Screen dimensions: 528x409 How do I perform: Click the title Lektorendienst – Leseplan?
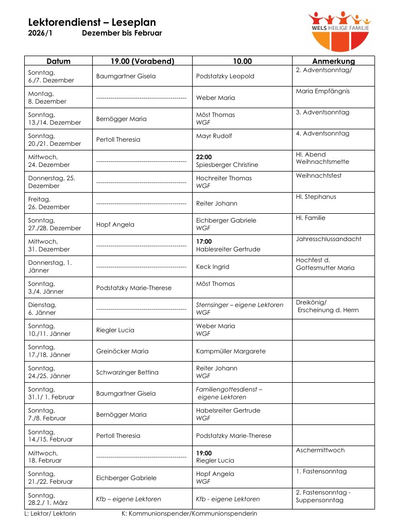92,22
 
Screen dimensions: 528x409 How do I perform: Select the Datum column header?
58,61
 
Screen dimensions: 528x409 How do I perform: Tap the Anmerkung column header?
333,61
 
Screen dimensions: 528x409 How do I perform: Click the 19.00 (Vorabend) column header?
142,61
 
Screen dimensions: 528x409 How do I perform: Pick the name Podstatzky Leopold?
225,76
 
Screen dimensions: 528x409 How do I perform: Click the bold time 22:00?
204,157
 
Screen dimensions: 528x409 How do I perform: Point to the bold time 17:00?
204,241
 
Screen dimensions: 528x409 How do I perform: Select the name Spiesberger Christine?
227,165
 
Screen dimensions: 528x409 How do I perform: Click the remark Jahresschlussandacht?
329,239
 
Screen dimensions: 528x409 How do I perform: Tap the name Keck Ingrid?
213,267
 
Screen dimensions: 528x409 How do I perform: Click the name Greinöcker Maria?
122,351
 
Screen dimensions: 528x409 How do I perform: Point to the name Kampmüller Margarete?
231,351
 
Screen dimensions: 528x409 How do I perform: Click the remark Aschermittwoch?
320,450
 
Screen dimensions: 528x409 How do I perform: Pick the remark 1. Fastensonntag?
321,471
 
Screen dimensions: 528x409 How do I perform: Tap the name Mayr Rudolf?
214,136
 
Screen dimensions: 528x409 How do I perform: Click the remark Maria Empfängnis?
323,91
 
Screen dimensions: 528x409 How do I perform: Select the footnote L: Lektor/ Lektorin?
50,514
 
